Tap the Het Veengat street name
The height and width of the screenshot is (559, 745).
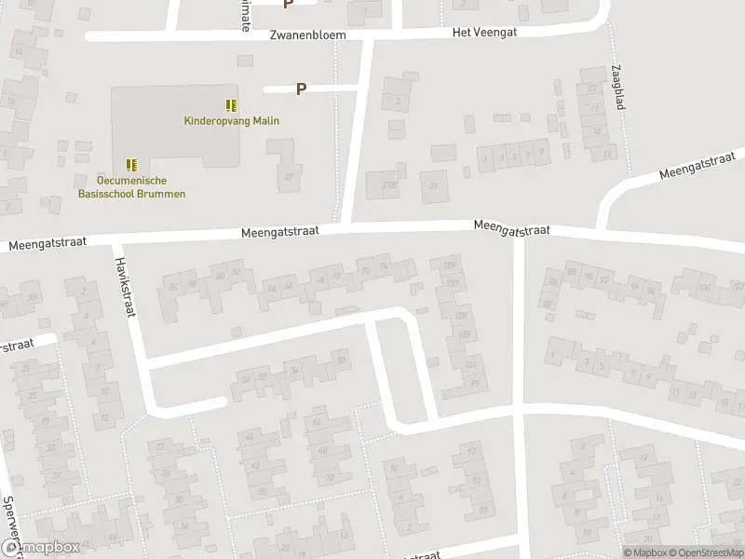483,31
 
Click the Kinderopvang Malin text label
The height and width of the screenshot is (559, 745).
231,120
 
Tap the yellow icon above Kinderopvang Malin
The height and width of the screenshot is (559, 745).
231,105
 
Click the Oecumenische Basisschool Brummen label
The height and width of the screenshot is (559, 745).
130,186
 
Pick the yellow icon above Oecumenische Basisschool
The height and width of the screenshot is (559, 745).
131,164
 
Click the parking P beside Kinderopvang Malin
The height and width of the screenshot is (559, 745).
301,89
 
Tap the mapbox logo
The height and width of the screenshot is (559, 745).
38,548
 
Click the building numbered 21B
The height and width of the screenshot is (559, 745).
387,186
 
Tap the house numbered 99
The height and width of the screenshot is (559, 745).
474,383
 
